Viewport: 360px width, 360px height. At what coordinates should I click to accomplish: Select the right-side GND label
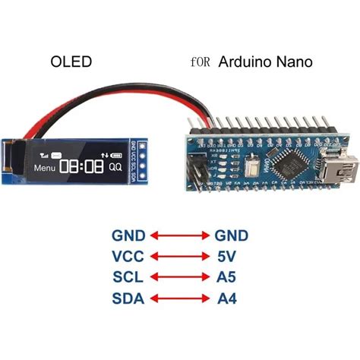pyautogui.click(x=230, y=235)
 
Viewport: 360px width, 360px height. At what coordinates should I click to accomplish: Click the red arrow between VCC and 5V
pyautogui.click(x=179, y=257)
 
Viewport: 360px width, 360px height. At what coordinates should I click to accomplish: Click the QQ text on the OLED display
pyautogui.click(x=115, y=166)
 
